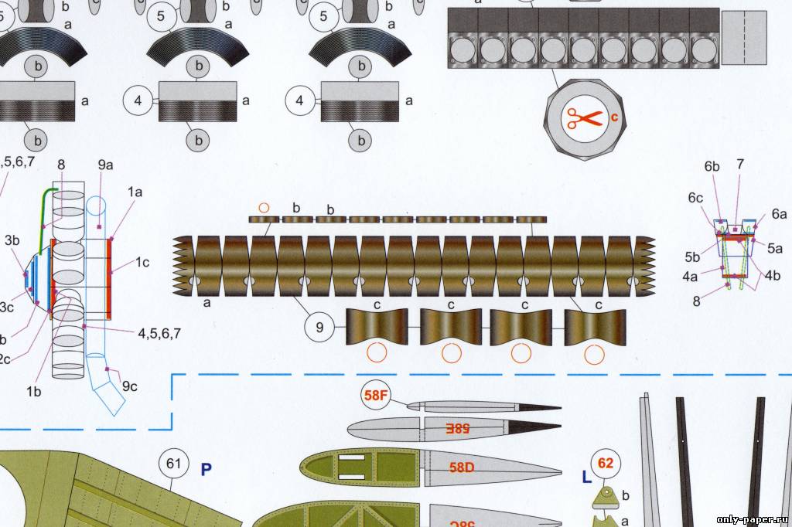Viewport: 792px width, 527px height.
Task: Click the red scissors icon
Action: click(x=585, y=119)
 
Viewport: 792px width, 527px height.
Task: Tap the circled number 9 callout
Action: click(x=319, y=328)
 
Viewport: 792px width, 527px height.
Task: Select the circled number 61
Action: click(x=174, y=464)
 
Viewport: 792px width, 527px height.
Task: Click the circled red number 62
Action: click(x=605, y=463)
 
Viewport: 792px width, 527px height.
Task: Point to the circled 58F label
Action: click(x=376, y=396)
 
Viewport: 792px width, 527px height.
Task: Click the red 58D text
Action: click(x=462, y=467)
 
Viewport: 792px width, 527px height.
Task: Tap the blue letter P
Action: click(x=206, y=470)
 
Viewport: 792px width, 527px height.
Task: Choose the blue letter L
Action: click(x=586, y=477)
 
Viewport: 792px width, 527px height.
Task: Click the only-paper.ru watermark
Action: click(x=753, y=520)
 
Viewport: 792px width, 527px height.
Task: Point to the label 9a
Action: click(x=105, y=165)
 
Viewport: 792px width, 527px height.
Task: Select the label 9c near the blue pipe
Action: click(x=129, y=386)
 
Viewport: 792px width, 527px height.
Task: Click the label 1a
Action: click(x=135, y=192)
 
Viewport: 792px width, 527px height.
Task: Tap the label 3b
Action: click(x=12, y=240)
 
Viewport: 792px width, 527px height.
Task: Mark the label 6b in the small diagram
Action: click(x=712, y=167)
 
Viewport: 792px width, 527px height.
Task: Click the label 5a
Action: click(x=775, y=248)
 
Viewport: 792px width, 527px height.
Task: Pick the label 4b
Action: click(x=773, y=276)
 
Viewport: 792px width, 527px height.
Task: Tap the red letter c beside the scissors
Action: click(x=614, y=117)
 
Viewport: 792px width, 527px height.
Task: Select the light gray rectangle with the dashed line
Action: click(x=744, y=37)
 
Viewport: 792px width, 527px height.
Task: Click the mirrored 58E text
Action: click(x=458, y=430)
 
